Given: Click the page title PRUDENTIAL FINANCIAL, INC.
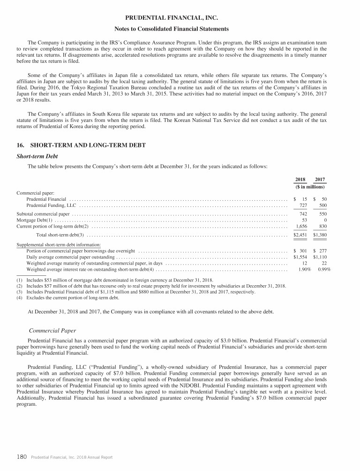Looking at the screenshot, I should [180, 19].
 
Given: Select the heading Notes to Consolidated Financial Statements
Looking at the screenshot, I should [180, 29].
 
